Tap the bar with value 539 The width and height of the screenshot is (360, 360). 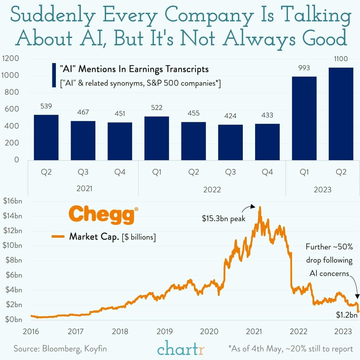46,137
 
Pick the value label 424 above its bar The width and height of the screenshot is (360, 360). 230,116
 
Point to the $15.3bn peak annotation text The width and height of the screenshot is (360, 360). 224,218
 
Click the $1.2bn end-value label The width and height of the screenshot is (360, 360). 346,315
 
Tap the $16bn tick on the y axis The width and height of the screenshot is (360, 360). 12,201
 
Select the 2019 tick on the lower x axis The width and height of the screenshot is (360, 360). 165,331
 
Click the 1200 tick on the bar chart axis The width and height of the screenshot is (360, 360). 10,58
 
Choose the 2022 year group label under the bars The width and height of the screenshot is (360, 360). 212,190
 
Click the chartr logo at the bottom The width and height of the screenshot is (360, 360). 180,349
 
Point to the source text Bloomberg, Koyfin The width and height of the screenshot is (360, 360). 60,349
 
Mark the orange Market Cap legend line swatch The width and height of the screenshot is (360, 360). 58,236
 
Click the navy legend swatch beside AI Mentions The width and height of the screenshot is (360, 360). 54,75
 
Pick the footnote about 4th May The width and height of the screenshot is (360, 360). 290,349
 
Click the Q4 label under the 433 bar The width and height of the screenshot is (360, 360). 267,172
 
